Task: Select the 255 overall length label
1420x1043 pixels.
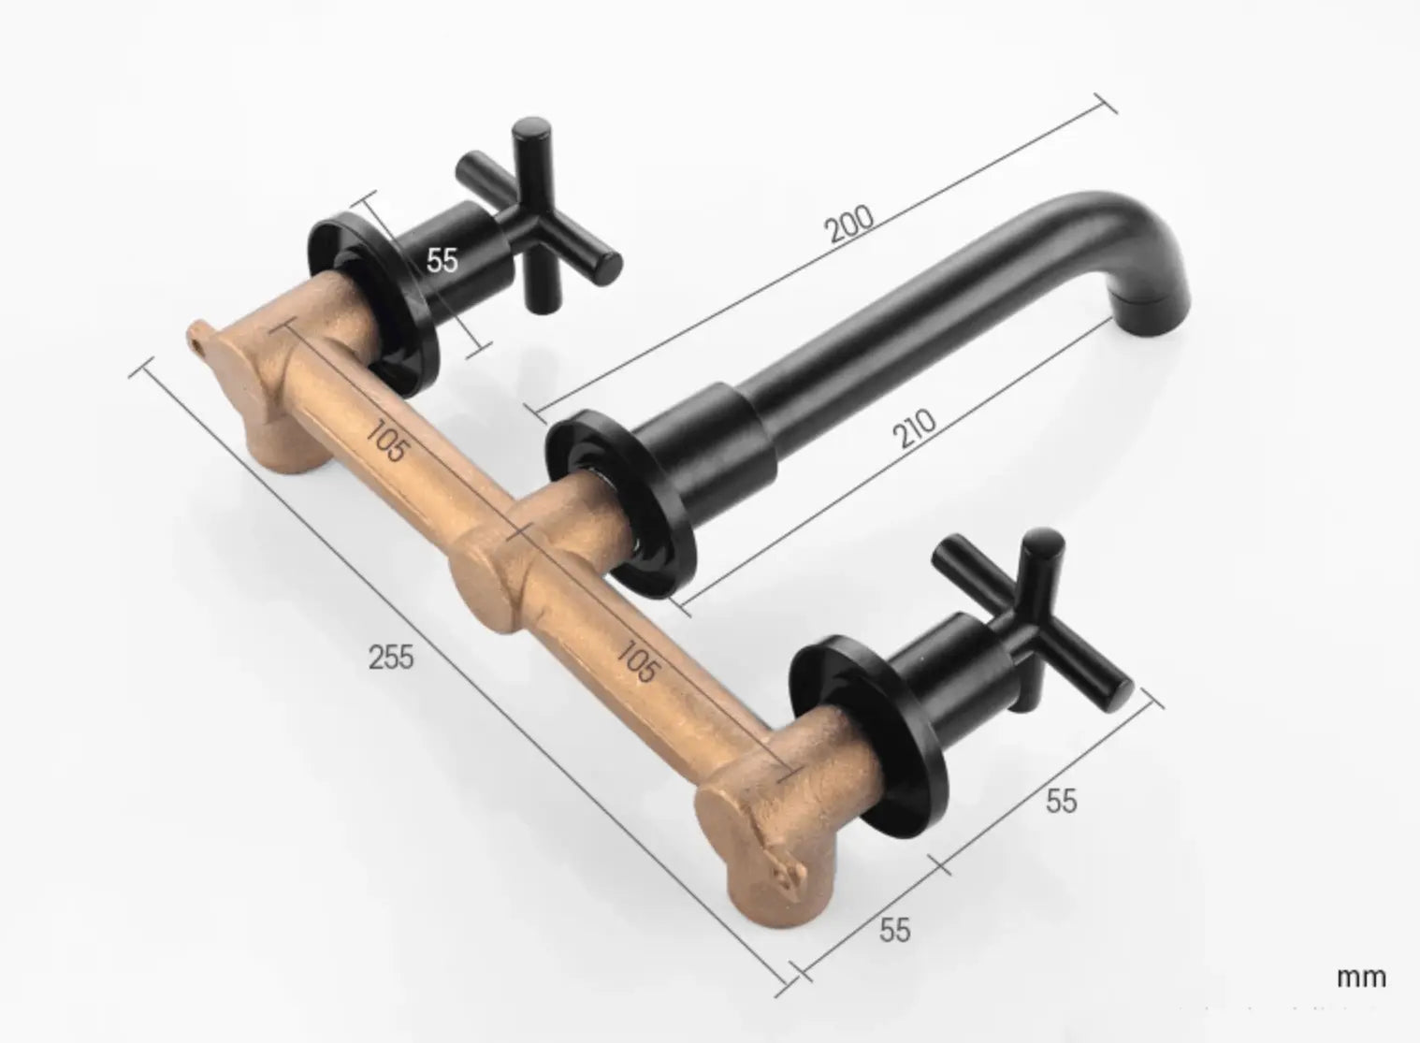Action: pyautogui.click(x=391, y=658)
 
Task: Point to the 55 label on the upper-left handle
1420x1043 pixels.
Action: pyautogui.click(x=442, y=260)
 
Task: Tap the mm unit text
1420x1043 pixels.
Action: pyautogui.click(x=1360, y=978)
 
